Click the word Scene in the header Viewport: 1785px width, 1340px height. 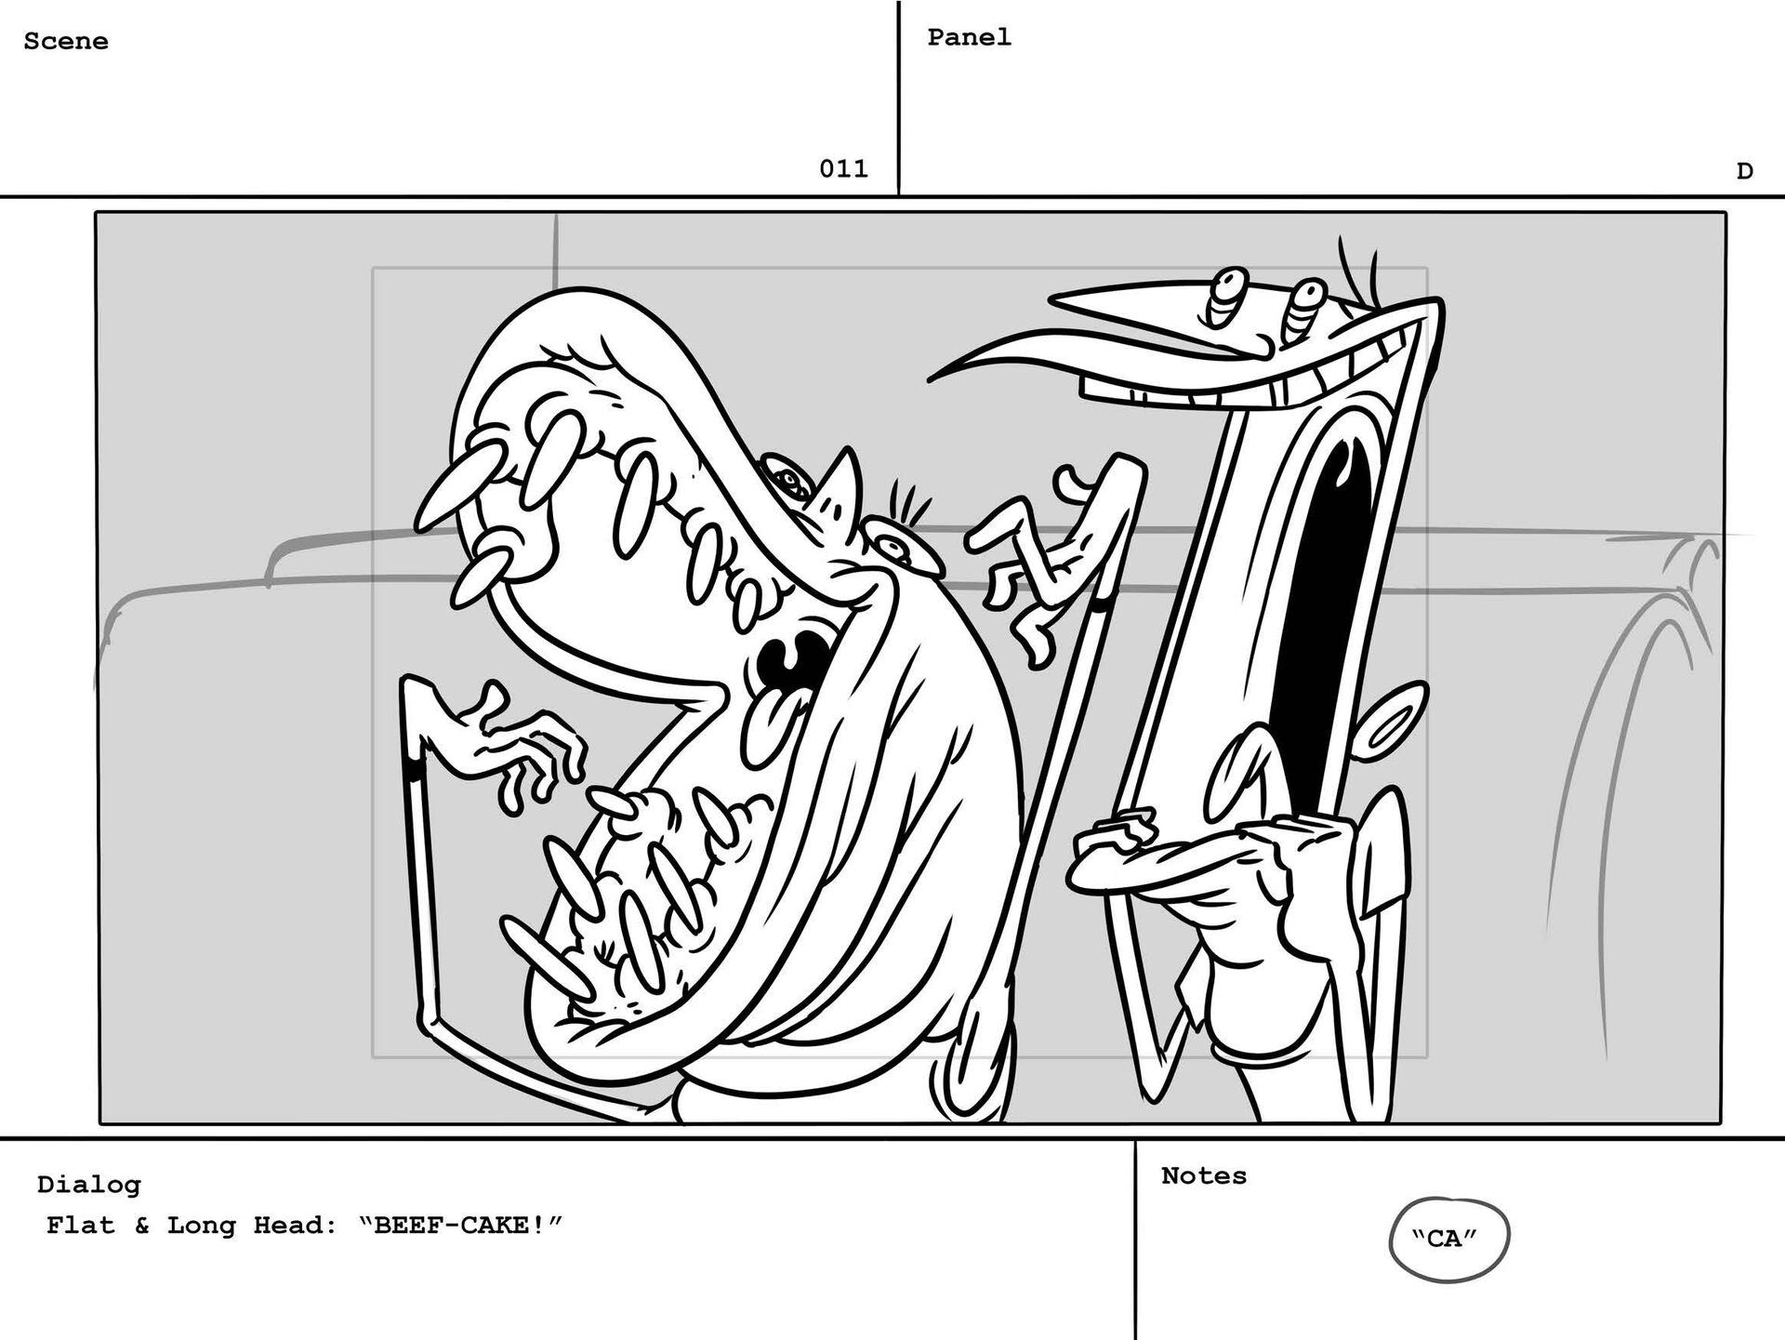pyautogui.click(x=65, y=42)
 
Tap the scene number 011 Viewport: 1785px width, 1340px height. pyautogui.click(x=843, y=168)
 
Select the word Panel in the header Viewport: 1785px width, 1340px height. pyautogui.click(x=969, y=37)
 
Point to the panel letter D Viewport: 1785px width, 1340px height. pyautogui.click(x=1744, y=171)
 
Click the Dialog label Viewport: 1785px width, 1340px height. pyautogui.click(x=89, y=1184)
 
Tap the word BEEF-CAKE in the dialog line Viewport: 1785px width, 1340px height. pyautogui.click(x=459, y=1225)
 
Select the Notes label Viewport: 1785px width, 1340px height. pyautogui.click(x=1204, y=1175)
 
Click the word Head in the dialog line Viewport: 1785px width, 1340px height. pyautogui.click(x=296, y=1225)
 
